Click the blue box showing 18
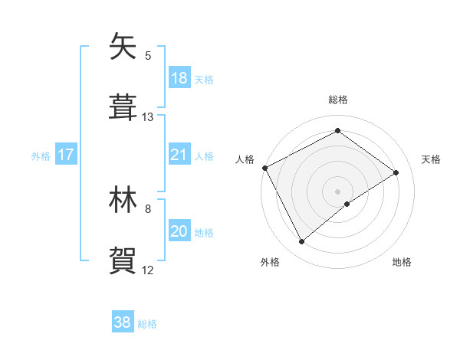(x=179, y=78)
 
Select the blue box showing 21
(x=179, y=155)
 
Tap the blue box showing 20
(x=179, y=231)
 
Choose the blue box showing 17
(x=66, y=155)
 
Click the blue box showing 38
(x=123, y=322)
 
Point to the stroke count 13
(x=148, y=117)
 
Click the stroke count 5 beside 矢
(x=148, y=56)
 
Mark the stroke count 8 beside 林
(x=148, y=208)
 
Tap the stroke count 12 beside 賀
(x=148, y=270)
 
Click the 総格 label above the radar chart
(x=337, y=100)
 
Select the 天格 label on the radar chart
(x=432, y=159)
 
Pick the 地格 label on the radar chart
(x=402, y=262)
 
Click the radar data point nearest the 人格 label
(x=264, y=168)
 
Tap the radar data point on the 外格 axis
(x=302, y=242)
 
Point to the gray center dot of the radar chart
(x=337, y=191)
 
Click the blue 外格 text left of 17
(x=41, y=155)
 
